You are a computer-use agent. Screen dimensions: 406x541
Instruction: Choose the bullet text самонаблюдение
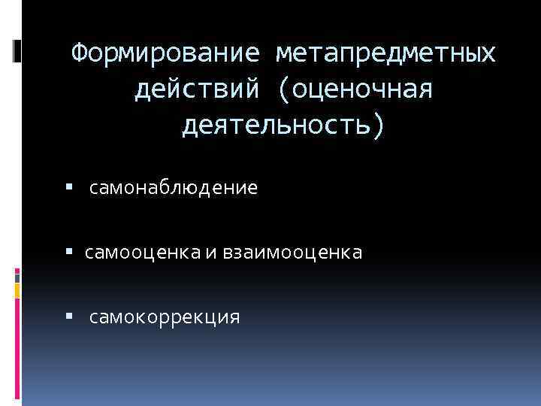pos(174,188)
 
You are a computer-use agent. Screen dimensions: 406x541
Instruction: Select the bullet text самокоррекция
pos(165,317)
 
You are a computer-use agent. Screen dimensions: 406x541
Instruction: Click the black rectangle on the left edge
pos(17,50)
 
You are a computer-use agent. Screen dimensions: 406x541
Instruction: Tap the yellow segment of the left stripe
pos(17,289)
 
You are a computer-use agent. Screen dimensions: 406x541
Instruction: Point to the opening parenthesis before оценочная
pos(284,90)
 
